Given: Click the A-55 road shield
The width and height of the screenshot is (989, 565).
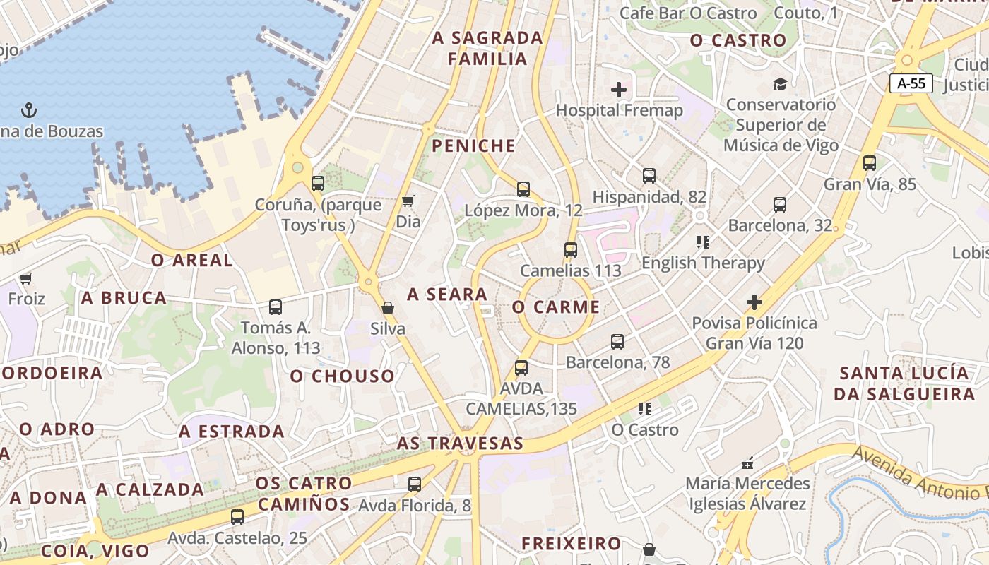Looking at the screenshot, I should (x=911, y=83).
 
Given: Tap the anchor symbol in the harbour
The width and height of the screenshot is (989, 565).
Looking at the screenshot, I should (x=29, y=110).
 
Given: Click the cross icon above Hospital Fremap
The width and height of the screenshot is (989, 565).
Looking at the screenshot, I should (x=619, y=90).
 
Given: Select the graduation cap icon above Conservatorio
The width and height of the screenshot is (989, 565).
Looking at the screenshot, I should (x=780, y=84).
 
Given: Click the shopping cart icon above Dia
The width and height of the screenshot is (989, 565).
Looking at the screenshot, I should (x=408, y=202).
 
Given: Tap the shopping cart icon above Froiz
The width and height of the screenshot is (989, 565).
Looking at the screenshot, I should (x=26, y=279).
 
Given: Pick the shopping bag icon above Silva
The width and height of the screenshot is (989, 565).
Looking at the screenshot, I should (x=387, y=308).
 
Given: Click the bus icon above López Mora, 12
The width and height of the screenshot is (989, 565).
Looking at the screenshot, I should (x=523, y=189).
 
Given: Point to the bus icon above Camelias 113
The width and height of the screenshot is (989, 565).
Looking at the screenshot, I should (x=570, y=249).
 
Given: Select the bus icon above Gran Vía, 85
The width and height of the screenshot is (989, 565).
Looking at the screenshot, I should (x=869, y=163).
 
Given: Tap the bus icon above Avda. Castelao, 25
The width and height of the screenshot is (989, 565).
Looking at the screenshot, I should (x=237, y=516).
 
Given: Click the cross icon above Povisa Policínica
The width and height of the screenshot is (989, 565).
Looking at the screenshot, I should (x=754, y=303).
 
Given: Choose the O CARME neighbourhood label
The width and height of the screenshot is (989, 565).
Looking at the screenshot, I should (x=556, y=307).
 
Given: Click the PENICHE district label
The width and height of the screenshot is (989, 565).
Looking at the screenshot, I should (x=473, y=146).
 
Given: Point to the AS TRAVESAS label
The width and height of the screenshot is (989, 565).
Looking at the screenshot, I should (x=460, y=444).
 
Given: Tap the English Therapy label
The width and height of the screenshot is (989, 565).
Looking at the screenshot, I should (x=703, y=263).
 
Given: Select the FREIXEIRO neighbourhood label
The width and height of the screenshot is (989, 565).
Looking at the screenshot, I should (x=571, y=543).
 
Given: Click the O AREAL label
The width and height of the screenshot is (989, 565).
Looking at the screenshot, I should (x=192, y=260).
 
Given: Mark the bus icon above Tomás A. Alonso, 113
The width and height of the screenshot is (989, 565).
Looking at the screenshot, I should (x=276, y=307).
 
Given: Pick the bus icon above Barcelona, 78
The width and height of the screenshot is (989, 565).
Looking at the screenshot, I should (x=617, y=342).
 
